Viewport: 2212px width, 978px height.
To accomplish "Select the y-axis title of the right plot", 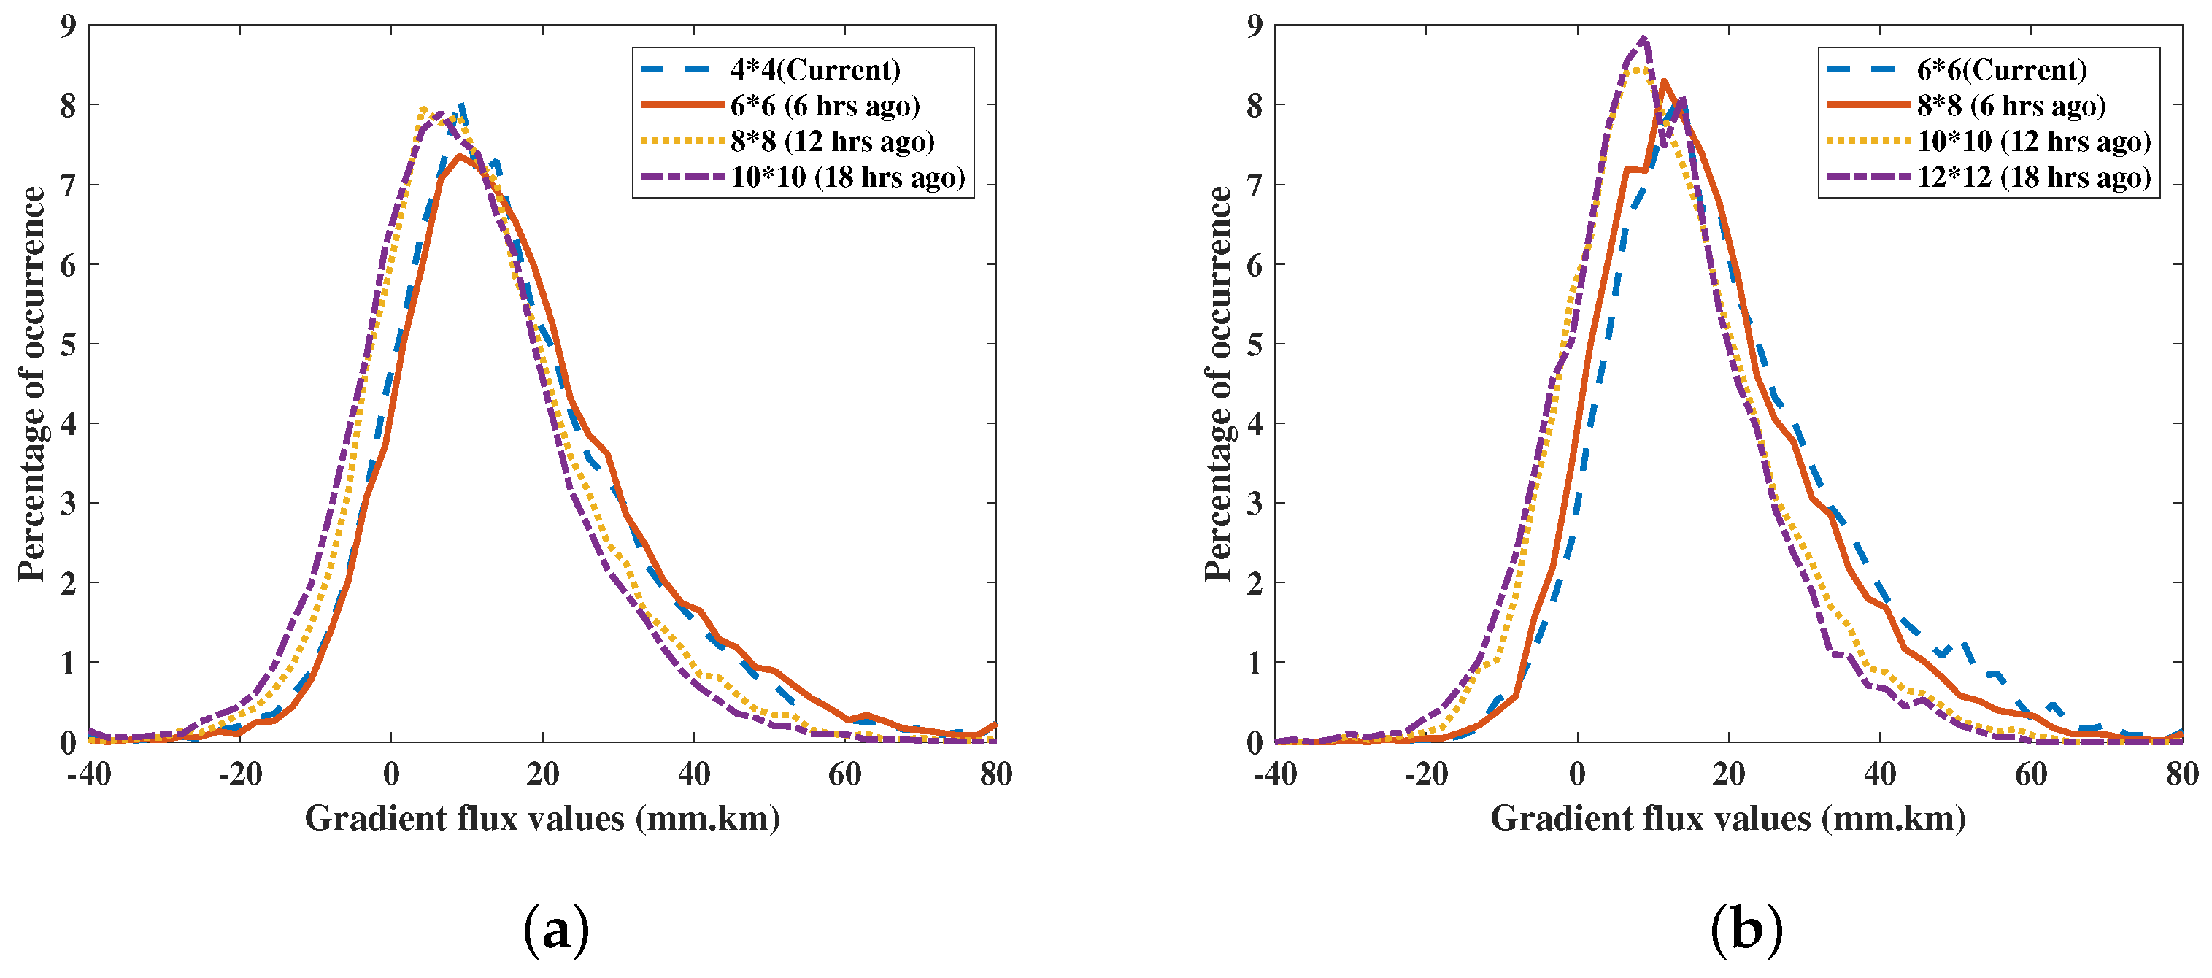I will click(x=1217, y=384).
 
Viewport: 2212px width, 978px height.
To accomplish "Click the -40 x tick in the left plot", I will click(x=89, y=774).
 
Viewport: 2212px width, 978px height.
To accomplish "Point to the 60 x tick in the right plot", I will click(x=2031, y=774).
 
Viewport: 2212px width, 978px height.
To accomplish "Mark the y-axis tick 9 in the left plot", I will click(x=68, y=26).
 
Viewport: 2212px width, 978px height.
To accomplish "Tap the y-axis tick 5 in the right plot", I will click(x=1255, y=344).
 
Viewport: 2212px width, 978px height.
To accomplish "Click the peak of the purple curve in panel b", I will click(x=1643, y=39).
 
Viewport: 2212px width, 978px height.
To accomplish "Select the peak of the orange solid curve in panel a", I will click(x=460, y=156).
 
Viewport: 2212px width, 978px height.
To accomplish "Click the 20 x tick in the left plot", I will click(x=543, y=774).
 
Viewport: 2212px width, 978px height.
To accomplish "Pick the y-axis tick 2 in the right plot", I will click(x=1255, y=583).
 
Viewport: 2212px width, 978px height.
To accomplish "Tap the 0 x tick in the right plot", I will click(x=1577, y=774).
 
